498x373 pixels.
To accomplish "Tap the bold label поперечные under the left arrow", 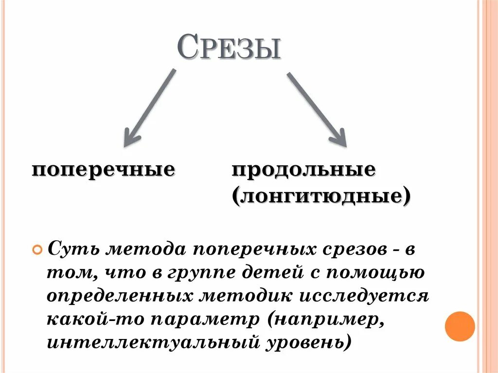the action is [104, 170].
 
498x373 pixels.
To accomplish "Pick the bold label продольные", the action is [303, 170].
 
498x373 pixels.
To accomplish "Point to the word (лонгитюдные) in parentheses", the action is [321, 196].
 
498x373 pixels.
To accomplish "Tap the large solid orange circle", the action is [460, 326].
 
